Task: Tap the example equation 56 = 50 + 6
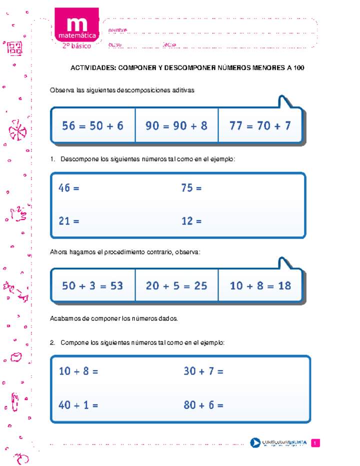point(92,126)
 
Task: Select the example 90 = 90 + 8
point(176,126)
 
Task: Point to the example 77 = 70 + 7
point(260,126)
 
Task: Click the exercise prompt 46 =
point(69,188)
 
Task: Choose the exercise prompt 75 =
point(191,188)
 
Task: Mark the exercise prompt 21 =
point(69,220)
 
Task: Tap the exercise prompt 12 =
point(191,220)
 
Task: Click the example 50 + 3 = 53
point(92,285)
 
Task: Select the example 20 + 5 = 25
point(176,285)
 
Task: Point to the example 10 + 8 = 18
point(260,285)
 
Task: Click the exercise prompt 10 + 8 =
point(78,371)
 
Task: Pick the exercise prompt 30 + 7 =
point(203,371)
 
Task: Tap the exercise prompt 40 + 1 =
point(78,405)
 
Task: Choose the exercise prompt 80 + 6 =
point(203,405)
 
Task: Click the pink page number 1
point(315,443)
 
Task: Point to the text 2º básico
point(76,46)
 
